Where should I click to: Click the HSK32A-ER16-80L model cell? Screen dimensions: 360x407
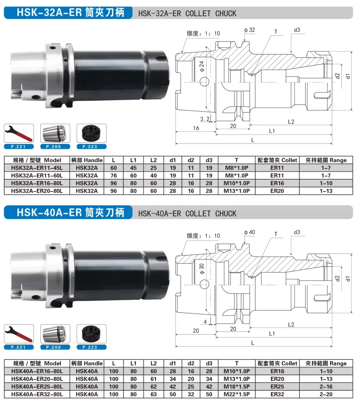[37, 183]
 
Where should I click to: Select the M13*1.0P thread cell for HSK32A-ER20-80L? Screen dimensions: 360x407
[237, 191]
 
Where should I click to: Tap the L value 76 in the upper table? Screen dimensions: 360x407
[113, 176]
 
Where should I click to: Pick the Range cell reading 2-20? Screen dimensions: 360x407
[326, 394]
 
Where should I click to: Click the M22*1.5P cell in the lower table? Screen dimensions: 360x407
[237, 394]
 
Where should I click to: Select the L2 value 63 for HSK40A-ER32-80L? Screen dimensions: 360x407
[154, 394]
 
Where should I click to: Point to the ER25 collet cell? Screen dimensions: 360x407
[277, 387]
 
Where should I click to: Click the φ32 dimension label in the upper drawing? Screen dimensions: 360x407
[249, 30]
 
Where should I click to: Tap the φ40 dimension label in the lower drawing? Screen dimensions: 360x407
[249, 232]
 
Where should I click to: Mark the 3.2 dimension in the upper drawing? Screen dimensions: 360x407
[205, 119]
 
